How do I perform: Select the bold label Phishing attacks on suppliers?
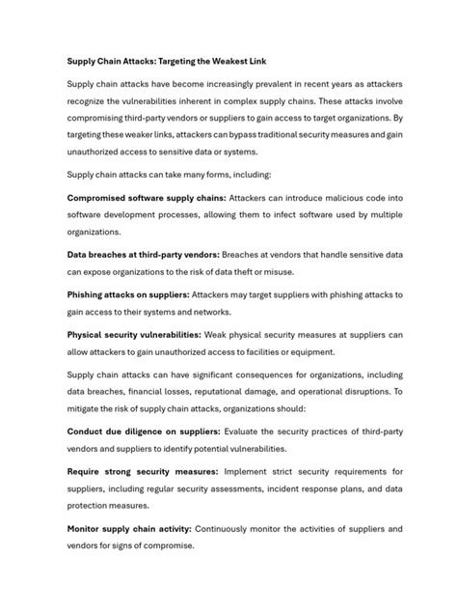click(127, 294)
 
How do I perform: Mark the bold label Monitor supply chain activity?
click(129, 530)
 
